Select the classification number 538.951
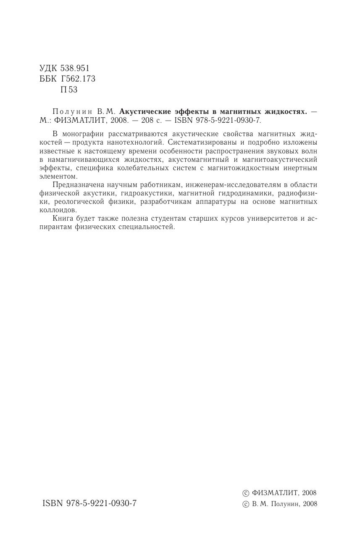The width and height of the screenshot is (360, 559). (75, 68)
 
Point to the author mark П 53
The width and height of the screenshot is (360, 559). (69, 90)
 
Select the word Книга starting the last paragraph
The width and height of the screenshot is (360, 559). (63, 219)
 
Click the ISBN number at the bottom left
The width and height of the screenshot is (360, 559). (89, 504)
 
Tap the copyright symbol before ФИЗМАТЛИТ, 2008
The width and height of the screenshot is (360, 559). (246, 493)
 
